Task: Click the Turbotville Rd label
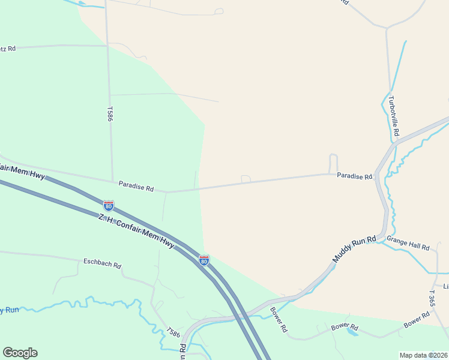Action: pos(394,116)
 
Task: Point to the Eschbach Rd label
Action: pos(102,264)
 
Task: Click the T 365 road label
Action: pos(432,299)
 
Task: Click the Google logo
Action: pos(20,353)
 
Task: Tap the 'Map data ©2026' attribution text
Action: pos(424,355)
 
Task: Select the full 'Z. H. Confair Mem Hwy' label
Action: pos(136,231)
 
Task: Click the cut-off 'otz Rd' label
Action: pos(8,48)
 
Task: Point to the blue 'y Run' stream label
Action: pos(10,310)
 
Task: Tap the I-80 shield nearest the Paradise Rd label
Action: pos(109,205)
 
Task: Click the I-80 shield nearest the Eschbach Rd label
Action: pos(204,260)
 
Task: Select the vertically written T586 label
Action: pos(110,114)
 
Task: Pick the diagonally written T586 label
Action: pos(173,332)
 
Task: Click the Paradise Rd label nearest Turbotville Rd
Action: pos(354,176)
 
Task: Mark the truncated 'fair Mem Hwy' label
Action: pos(23,172)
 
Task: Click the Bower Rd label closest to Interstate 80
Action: pos(279,320)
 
